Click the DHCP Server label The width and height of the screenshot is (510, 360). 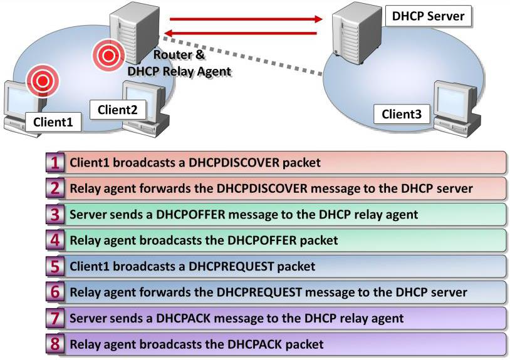(429, 16)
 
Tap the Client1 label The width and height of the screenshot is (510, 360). (53, 121)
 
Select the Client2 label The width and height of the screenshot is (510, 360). (117, 110)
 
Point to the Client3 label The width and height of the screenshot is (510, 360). (402, 114)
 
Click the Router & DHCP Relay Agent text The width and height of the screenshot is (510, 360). (179, 63)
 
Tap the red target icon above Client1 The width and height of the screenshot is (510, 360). (42, 80)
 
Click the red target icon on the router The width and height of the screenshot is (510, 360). (108, 56)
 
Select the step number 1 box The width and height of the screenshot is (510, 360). (56, 163)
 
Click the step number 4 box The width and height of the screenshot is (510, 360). (56, 240)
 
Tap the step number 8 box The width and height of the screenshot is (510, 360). (56, 344)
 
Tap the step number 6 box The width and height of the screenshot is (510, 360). (56, 292)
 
